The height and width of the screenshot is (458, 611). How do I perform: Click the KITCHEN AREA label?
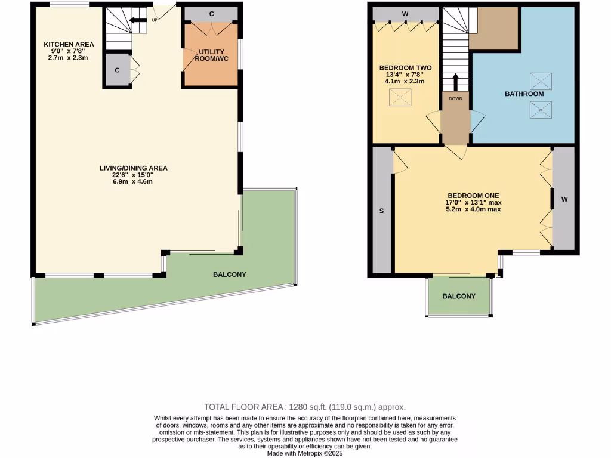point(68,44)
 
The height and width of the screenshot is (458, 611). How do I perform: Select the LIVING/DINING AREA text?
point(133,168)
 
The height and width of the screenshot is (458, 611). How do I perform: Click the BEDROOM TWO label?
point(405,67)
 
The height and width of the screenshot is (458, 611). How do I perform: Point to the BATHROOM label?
point(524,94)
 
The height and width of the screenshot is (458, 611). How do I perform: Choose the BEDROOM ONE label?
point(473,195)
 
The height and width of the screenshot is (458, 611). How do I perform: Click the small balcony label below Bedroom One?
point(459,296)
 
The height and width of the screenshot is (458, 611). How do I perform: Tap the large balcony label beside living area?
point(230,274)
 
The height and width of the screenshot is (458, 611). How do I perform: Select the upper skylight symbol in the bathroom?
point(541,81)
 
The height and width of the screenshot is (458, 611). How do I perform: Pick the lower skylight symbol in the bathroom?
point(541,109)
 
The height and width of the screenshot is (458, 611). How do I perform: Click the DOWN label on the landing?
point(456,98)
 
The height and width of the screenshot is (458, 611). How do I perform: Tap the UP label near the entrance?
point(155,20)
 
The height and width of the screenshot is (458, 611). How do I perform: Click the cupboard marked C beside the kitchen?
point(117,70)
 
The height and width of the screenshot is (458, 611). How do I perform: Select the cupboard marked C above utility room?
point(211,13)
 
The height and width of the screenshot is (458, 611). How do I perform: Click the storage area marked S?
point(381,211)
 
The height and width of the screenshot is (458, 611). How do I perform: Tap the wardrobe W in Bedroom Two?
point(405,13)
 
